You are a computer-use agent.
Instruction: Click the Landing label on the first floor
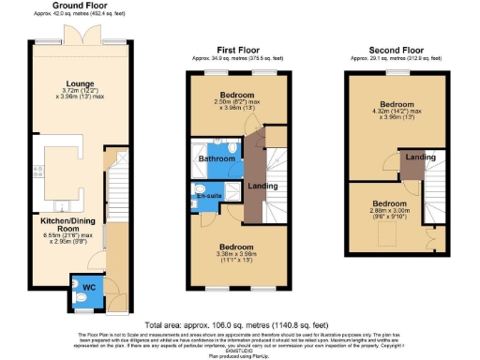pos(262,185)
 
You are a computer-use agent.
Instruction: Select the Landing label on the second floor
pos(420,157)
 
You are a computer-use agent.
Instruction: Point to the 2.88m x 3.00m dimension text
pos(389,213)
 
